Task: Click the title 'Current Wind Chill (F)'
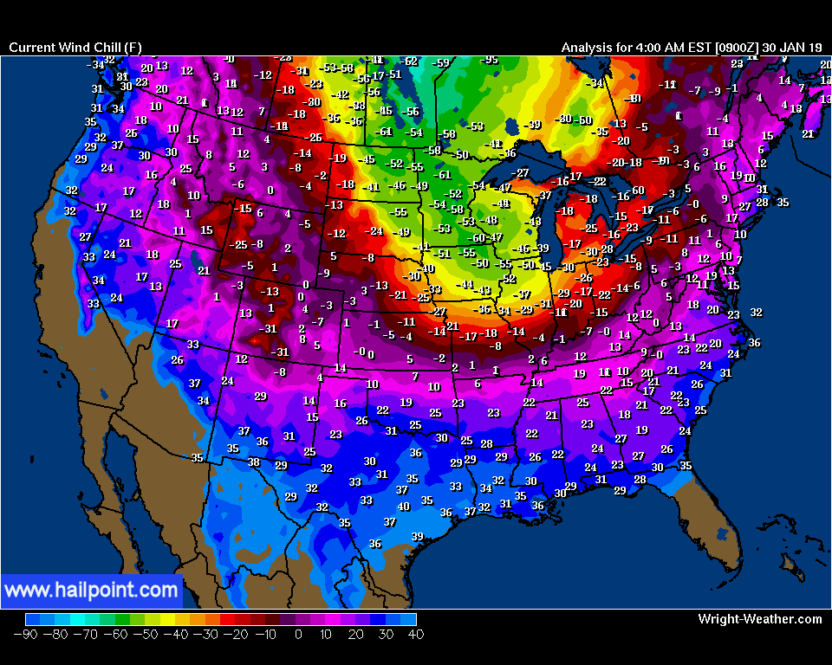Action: pos(75,47)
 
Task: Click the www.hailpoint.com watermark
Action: pos(92,591)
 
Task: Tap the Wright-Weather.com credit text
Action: pos(759,619)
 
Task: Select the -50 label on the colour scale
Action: pos(145,635)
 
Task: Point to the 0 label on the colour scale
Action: pos(298,635)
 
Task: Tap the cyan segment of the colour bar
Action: pos(78,619)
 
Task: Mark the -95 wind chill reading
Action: pos(490,60)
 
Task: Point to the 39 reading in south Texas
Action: pos(417,537)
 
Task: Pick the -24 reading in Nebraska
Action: pos(374,231)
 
